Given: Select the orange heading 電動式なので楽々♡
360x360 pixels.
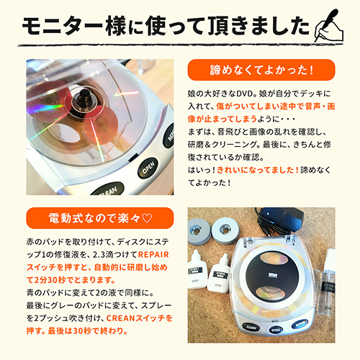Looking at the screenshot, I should [x=87, y=217].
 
